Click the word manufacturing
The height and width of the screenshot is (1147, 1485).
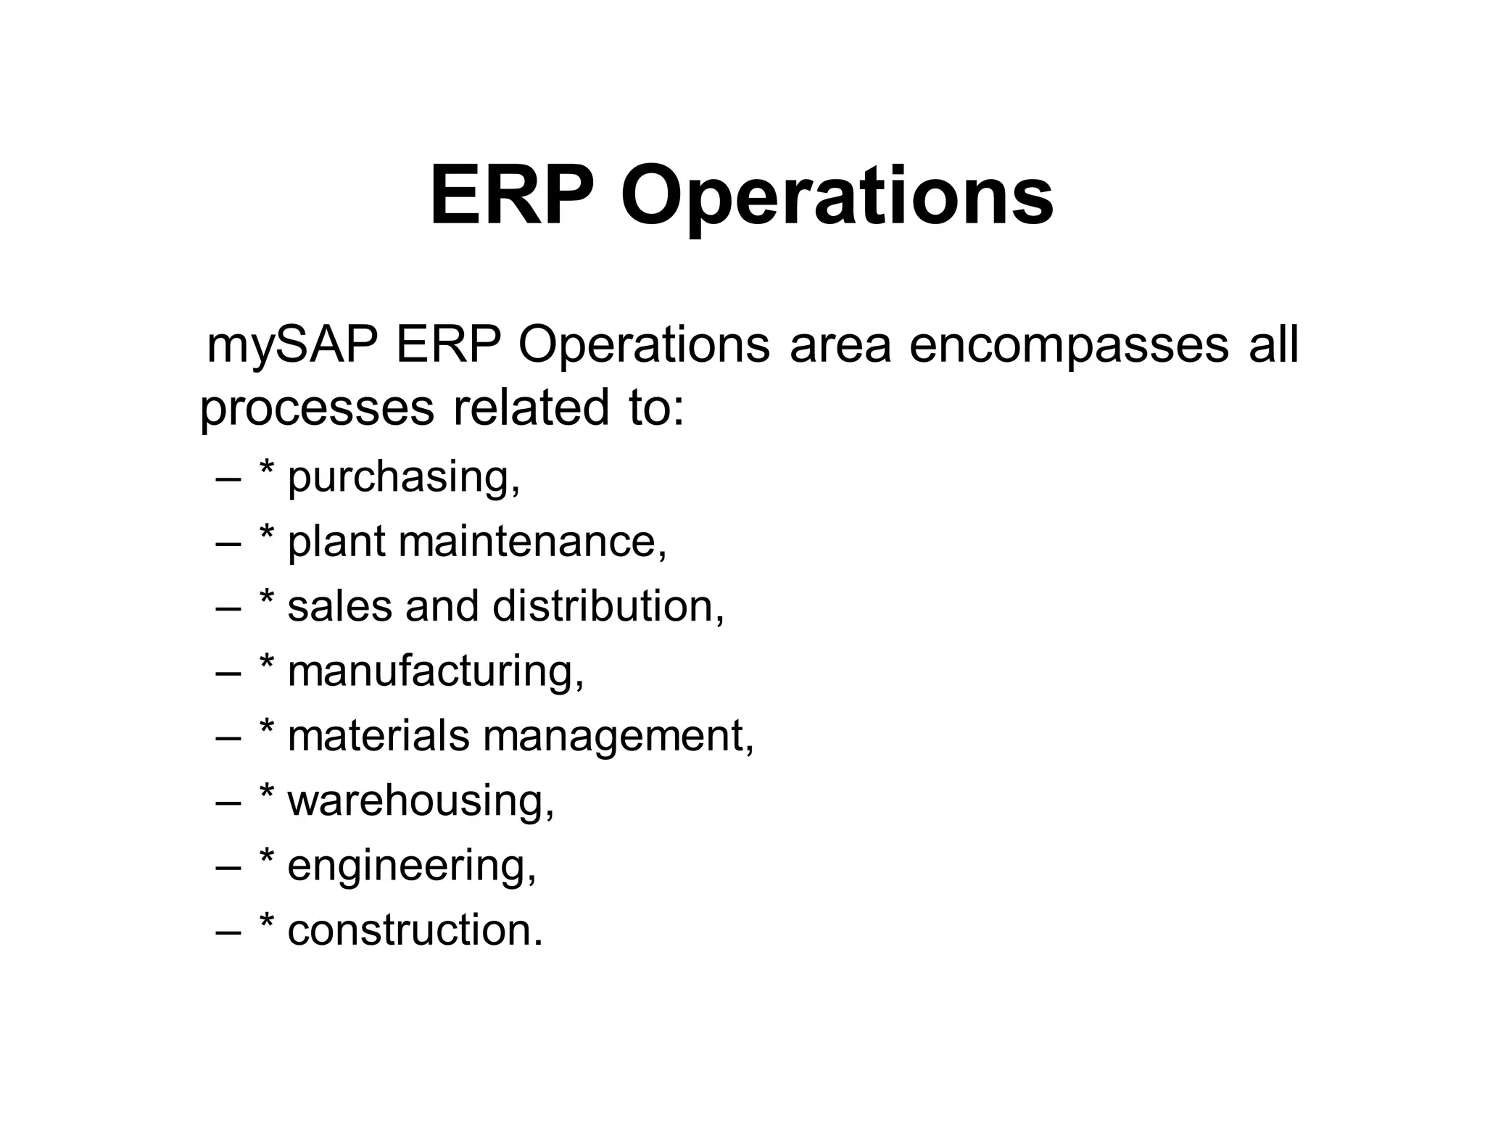435,672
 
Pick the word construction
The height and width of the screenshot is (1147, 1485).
414,930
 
